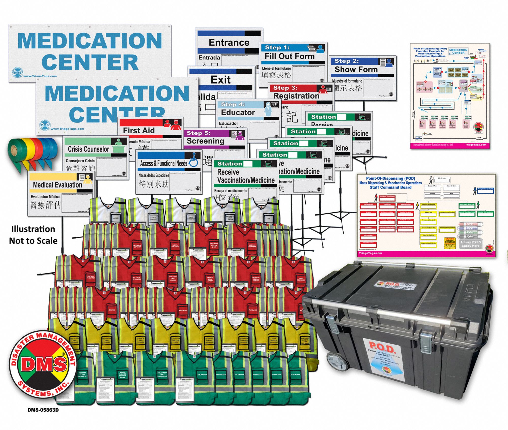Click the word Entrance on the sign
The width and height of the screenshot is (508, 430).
[229, 42]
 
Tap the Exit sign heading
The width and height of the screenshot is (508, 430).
[220, 80]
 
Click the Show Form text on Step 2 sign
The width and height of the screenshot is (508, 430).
[356, 69]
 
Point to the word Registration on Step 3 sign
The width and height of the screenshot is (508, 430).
[296, 96]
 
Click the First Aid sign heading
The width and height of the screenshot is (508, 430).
[139, 131]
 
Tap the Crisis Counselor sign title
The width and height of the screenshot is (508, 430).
[88, 149]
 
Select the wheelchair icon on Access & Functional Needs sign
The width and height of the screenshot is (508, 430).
[194, 160]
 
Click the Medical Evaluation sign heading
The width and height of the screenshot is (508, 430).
[57, 185]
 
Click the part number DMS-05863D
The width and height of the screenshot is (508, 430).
[43, 410]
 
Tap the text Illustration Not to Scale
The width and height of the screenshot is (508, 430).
[33, 235]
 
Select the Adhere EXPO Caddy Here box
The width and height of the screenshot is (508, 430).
[470, 244]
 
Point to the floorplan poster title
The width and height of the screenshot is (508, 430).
[430, 52]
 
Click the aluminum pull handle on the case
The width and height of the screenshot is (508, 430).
[376, 310]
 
